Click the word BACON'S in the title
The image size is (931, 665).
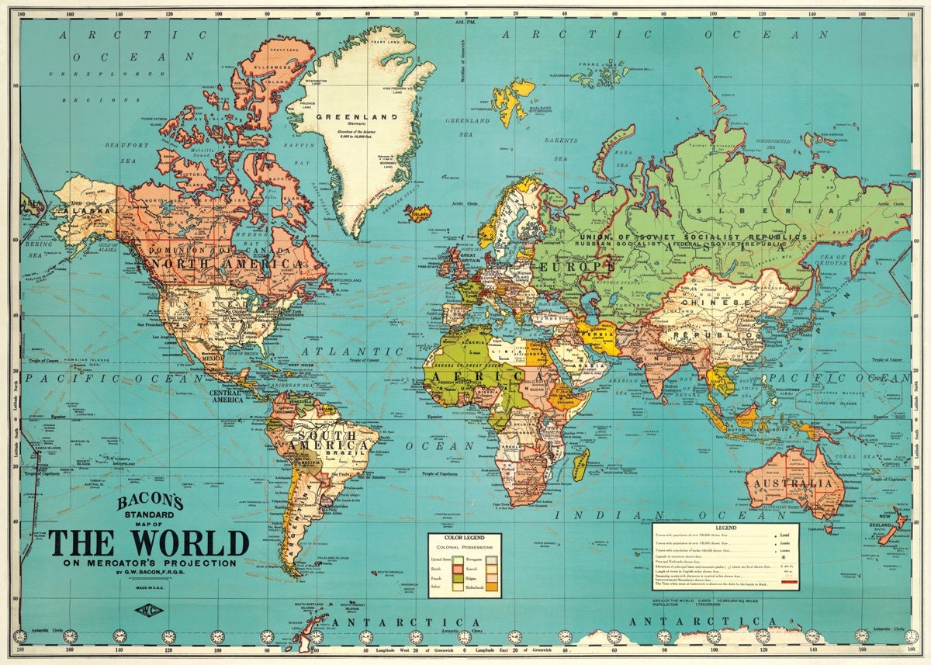point(150,503)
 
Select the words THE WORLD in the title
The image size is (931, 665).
point(149,542)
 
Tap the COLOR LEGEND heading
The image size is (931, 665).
point(465,538)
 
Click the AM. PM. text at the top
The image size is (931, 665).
point(465,26)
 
